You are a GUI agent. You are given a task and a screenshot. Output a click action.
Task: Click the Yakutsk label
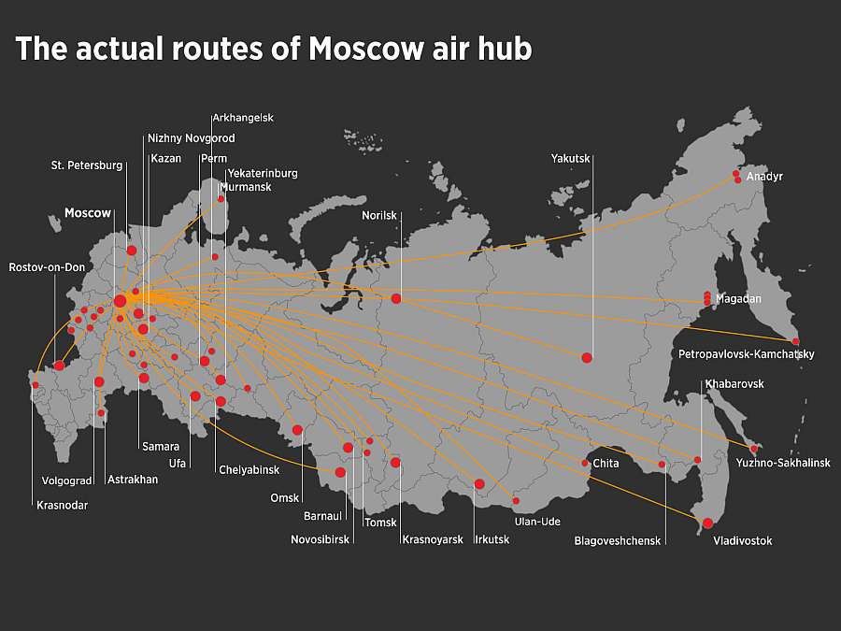coord(570,159)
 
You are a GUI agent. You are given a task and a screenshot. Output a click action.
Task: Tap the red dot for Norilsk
coord(396,298)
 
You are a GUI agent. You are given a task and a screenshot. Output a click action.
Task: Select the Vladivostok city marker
coord(707,523)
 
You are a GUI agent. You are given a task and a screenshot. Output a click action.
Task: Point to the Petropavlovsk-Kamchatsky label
coord(747,354)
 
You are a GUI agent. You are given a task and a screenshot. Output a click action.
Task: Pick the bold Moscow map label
coord(88,213)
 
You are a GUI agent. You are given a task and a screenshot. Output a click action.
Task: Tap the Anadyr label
coord(764,176)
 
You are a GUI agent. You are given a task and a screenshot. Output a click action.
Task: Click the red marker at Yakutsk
coord(587,358)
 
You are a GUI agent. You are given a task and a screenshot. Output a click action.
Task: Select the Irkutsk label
coord(492,539)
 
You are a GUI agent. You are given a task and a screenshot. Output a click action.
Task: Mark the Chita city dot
coord(585,463)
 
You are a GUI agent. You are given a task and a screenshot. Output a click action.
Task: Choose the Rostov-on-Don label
coord(47,267)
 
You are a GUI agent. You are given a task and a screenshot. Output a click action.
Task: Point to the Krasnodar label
coord(62,506)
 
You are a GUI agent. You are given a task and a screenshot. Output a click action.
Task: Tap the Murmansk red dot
coord(221,198)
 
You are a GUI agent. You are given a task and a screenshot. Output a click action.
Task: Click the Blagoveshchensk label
coord(618,540)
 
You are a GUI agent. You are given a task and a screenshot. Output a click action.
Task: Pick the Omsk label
coord(284,498)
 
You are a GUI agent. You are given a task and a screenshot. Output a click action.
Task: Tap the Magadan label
coord(738,299)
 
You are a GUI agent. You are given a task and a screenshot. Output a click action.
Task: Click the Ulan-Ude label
coord(537,522)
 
